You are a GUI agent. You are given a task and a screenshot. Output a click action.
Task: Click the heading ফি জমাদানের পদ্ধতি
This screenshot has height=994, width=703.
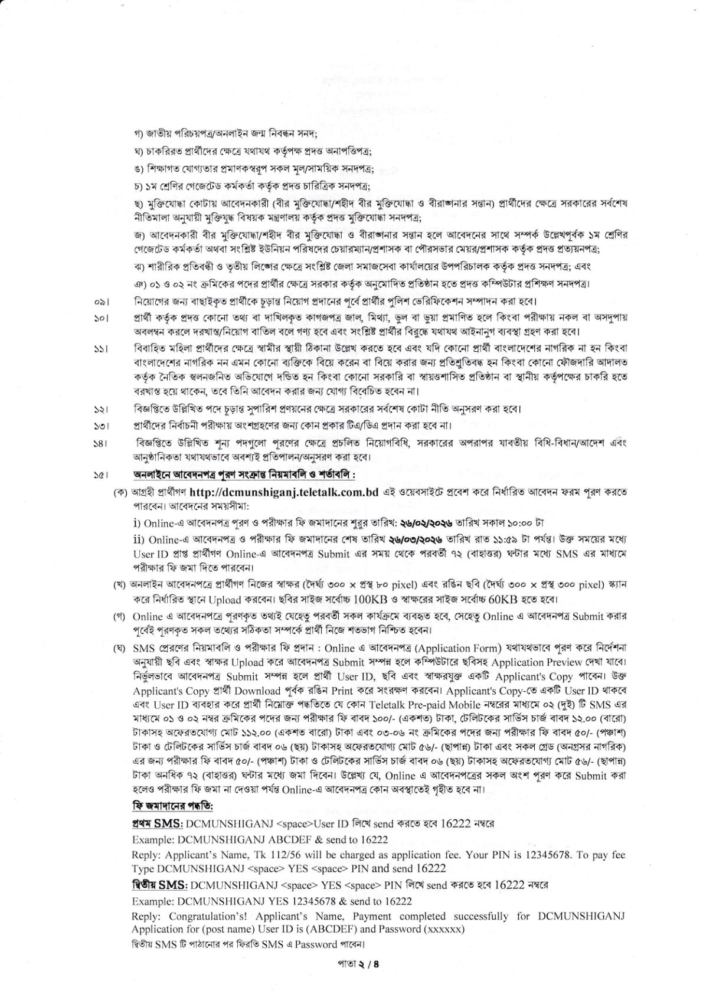(173, 806)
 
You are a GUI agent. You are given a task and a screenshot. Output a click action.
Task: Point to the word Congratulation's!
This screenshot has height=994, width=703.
(204, 917)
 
